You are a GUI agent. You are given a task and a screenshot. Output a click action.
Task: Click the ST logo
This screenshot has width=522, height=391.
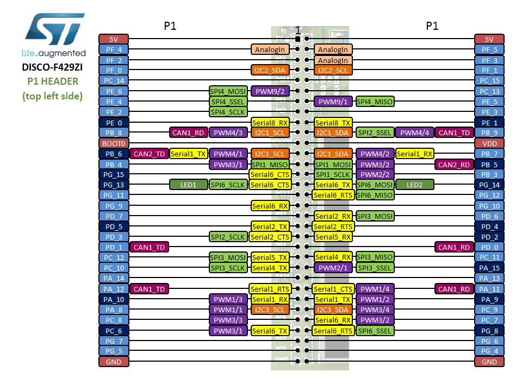[53, 31]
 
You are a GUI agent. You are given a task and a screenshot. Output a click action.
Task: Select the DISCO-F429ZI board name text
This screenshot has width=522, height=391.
[53, 68]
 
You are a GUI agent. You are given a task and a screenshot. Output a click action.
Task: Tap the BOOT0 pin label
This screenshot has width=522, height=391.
[114, 143]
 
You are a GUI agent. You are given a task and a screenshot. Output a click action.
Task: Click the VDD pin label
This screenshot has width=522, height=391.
[489, 143]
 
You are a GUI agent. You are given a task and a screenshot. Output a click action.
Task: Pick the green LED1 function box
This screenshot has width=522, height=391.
[189, 185]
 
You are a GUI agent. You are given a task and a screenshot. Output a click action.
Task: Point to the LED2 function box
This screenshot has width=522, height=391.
[415, 185]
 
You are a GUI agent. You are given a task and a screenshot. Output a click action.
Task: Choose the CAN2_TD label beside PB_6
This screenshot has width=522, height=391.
[149, 154]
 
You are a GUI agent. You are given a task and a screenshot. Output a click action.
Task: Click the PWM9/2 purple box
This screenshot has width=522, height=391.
[270, 91]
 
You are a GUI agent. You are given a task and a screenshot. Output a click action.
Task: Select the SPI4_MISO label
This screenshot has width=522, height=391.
[375, 102]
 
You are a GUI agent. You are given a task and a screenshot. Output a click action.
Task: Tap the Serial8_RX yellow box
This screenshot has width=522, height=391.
[270, 123]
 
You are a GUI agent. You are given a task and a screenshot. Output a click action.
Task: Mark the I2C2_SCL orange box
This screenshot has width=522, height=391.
[333, 70]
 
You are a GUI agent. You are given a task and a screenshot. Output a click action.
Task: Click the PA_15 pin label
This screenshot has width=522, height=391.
[489, 268]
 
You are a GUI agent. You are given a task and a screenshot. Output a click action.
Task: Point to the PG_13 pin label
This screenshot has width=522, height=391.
[114, 185]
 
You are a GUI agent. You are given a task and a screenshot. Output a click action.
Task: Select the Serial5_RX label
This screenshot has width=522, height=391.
[333, 237]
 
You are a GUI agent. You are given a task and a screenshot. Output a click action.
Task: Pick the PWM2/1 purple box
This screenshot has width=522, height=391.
[333, 268]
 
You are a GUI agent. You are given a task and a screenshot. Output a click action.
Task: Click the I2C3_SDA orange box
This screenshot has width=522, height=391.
[333, 310]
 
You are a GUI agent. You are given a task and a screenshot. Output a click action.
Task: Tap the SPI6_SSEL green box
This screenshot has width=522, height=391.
[375, 331]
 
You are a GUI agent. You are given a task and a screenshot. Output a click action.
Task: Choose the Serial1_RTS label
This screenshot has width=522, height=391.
[270, 289]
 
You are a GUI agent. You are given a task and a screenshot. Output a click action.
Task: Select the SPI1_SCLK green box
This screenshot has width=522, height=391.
[333, 174]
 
